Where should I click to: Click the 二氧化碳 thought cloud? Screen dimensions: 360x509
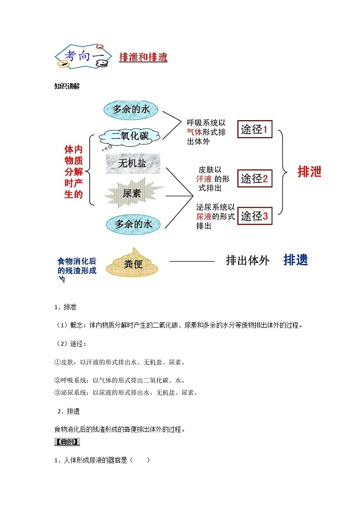point(130,136)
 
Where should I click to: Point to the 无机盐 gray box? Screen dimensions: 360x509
point(132,163)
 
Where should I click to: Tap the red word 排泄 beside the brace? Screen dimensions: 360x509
point(309,172)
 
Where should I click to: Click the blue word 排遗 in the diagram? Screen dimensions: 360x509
point(296,260)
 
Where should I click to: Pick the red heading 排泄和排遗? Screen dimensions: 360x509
point(143,57)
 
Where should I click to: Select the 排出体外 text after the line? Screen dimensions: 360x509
point(248,261)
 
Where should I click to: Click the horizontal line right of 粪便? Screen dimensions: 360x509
point(191,261)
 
